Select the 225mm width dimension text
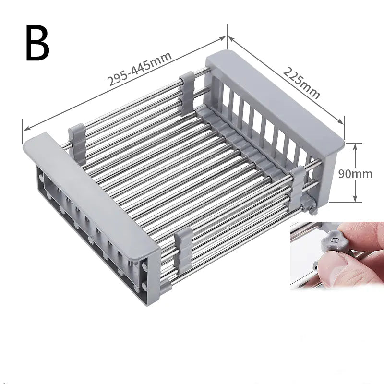click(x=301, y=83)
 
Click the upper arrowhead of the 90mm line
click(x=355, y=145)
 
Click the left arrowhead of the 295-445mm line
click(x=25, y=128)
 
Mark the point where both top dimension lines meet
click(x=227, y=37)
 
